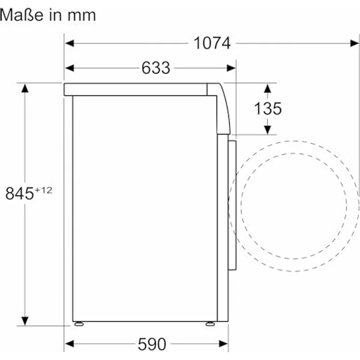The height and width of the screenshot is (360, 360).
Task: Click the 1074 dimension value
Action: click(212, 43)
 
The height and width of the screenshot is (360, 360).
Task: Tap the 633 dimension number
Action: click(156, 68)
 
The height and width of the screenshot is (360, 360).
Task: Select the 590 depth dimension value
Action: click(152, 344)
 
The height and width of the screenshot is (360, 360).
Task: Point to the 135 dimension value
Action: click(268, 109)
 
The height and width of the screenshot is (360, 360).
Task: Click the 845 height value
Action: click(20, 193)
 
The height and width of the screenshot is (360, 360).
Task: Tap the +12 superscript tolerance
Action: click(44, 190)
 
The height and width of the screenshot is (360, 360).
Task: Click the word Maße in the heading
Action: click(22, 15)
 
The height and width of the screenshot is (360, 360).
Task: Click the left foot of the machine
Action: click(79, 324)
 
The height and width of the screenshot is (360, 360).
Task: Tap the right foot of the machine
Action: click(210, 324)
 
